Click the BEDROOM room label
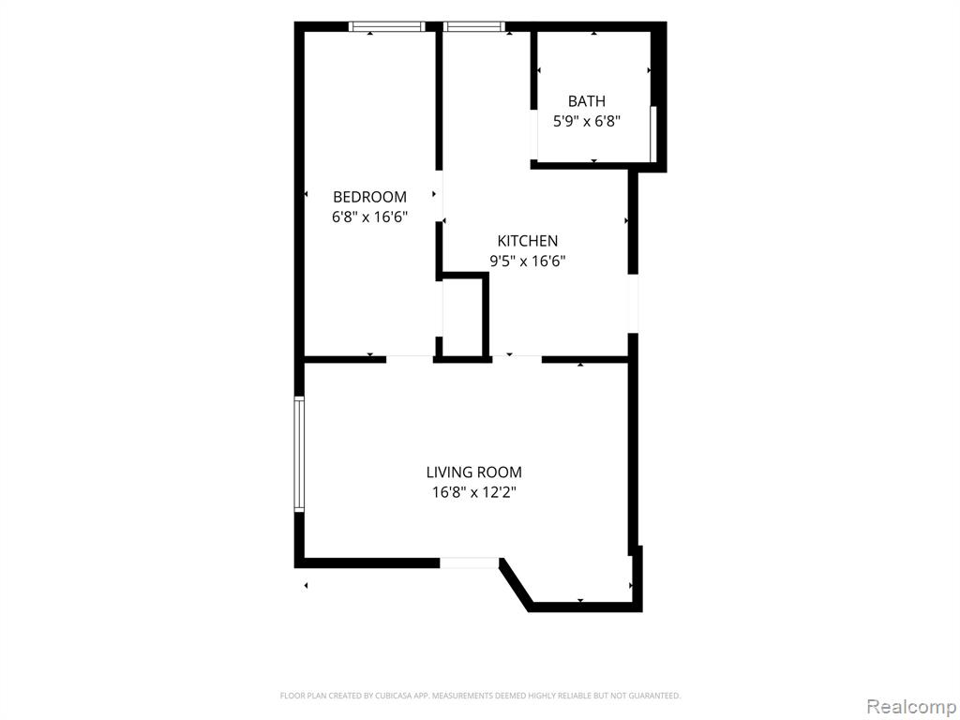coord(369,197)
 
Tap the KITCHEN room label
coord(527,241)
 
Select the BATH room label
coord(587,101)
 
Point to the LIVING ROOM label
coord(473,472)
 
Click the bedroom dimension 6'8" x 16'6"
coord(369,217)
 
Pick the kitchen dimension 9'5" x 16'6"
coord(527,262)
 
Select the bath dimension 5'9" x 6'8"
coord(587,121)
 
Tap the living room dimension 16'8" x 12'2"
coord(473,492)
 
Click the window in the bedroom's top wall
coord(387,26)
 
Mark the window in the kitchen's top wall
coord(473,26)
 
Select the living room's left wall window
coord(299,454)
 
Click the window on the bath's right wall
coord(653,134)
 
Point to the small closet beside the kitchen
coord(464,315)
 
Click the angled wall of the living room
coord(515,585)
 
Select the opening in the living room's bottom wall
coord(471,562)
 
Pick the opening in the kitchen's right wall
coord(633,304)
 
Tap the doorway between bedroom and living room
coord(410,359)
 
